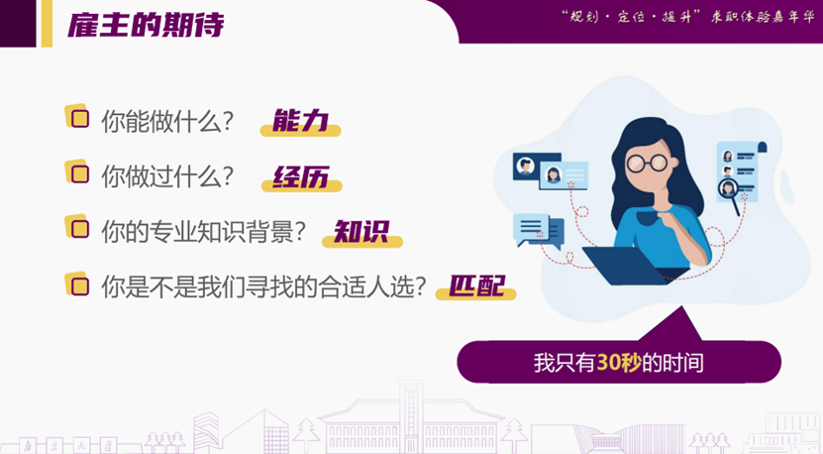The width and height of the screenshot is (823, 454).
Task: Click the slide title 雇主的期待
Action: pos(145,24)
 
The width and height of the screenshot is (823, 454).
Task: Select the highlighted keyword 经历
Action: pos(301,177)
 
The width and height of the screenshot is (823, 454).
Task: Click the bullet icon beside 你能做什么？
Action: pos(76,116)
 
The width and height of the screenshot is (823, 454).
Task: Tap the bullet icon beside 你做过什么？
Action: pos(76,171)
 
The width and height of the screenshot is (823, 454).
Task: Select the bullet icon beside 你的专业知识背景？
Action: pos(76,227)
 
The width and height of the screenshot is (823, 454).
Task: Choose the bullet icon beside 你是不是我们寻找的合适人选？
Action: pos(76,284)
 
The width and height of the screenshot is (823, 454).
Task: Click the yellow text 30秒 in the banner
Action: pos(618,362)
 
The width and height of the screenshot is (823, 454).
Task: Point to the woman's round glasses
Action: pos(649,162)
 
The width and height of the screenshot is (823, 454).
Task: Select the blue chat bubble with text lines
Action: pos(535,229)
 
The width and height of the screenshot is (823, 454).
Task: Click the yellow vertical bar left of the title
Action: pos(47,23)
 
